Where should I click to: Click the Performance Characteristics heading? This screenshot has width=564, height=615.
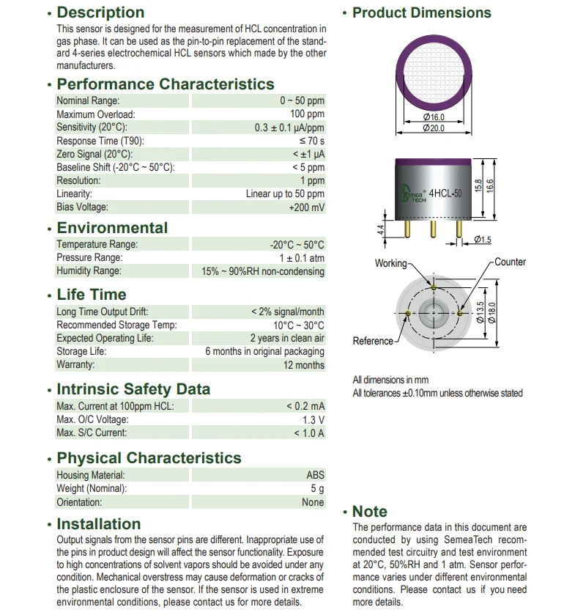tap(166, 84)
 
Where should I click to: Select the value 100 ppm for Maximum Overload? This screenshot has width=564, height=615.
tap(307, 114)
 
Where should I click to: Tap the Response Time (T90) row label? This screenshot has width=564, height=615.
tap(100, 141)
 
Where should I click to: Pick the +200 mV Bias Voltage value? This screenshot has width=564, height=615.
tap(306, 207)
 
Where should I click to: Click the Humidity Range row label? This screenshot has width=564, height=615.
tap(89, 271)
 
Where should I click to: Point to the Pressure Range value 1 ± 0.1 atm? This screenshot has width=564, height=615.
tap(302, 258)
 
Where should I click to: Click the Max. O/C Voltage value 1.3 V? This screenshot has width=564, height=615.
tap(313, 420)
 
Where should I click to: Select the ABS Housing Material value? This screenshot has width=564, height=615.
tap(315, 476)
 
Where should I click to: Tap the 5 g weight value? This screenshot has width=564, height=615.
tap(317, 489)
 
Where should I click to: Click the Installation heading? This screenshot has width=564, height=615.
tap(99, 524)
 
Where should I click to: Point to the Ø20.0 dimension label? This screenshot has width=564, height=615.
tap(434, 128)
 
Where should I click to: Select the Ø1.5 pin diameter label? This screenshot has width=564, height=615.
tap(482, 240)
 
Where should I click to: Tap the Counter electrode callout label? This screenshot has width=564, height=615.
tap(510, 262)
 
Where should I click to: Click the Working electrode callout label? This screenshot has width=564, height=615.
tap(390, 263)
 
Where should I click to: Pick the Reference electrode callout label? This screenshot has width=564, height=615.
tap(374, 341)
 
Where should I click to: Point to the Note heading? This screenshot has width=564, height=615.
tap(370, 512)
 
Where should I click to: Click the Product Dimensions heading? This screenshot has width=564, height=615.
tap(421, 12)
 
